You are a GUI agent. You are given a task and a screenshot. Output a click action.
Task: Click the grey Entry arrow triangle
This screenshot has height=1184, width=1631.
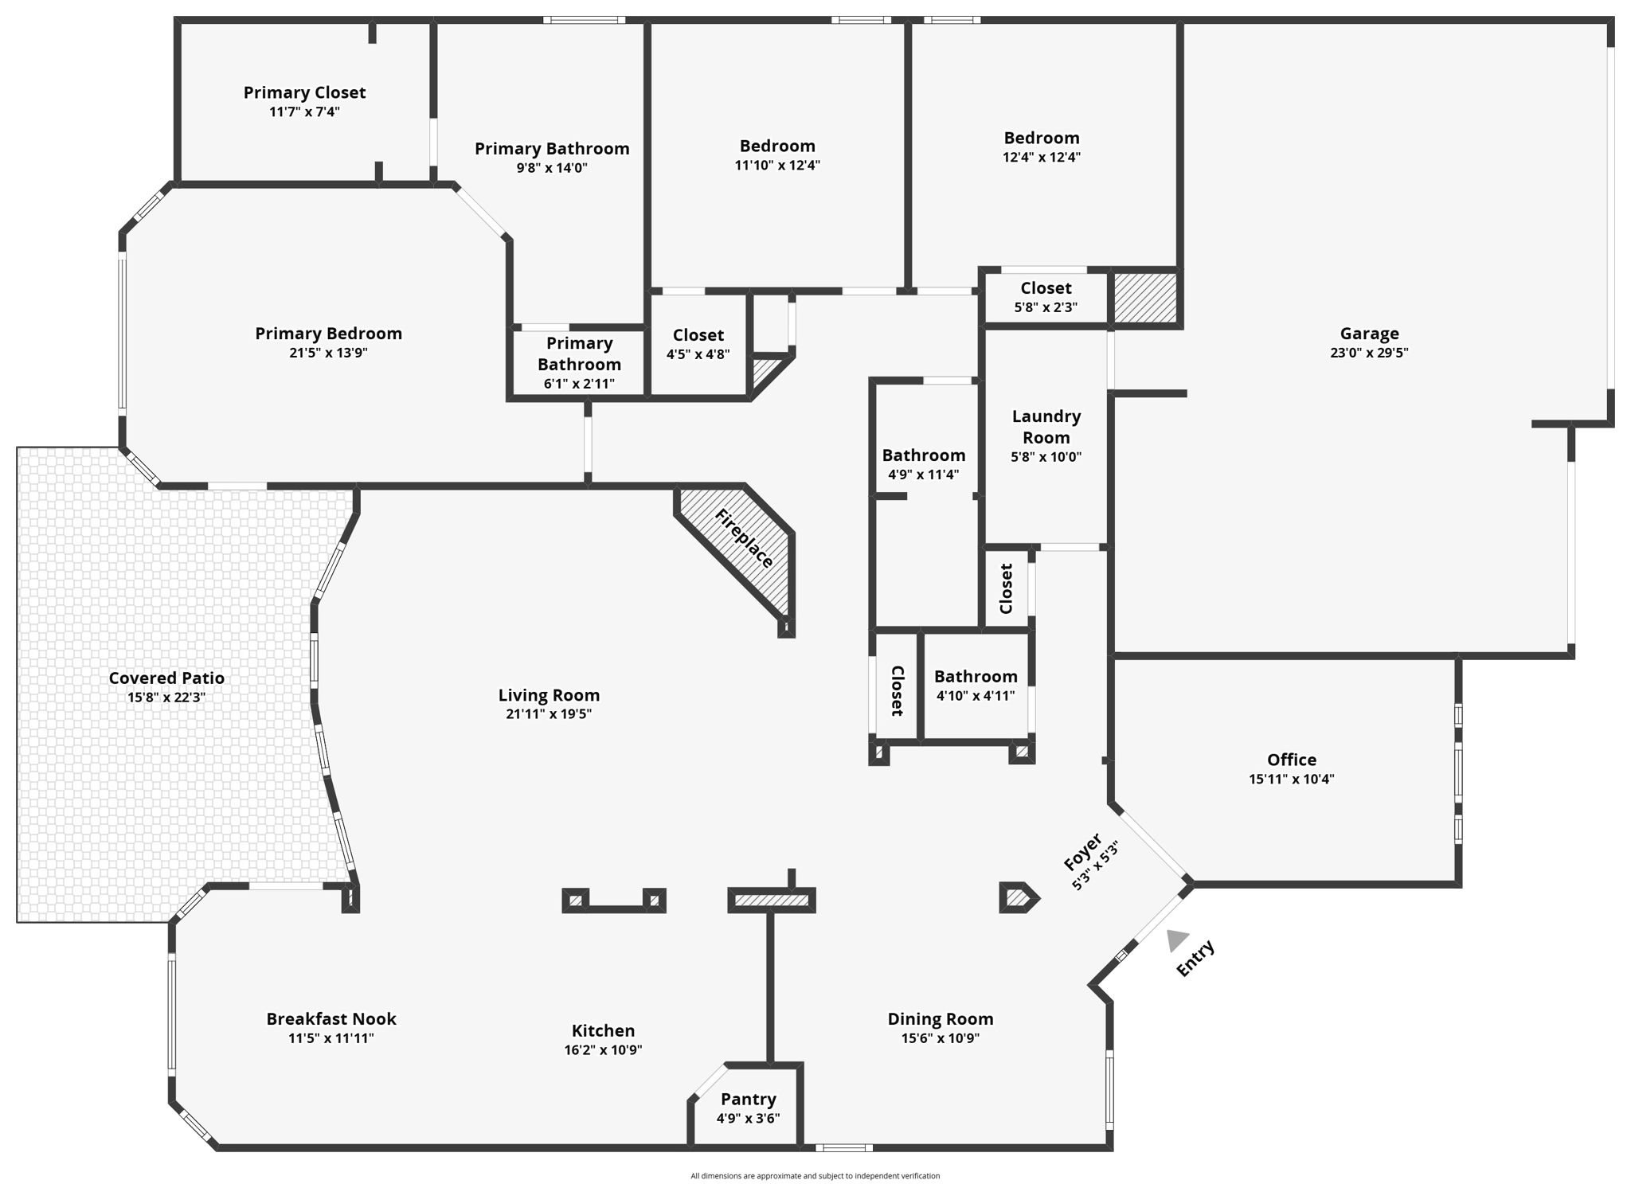tap(1176, 940)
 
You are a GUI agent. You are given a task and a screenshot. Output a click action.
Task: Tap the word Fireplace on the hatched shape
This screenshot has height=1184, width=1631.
tap(744, 538)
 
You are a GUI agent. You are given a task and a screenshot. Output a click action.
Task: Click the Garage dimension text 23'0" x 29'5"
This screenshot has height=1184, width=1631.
tap(1369, 353)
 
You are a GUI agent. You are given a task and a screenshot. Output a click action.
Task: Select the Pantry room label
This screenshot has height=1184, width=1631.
tap(748, 1099)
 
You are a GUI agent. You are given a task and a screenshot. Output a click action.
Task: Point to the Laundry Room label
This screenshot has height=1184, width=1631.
tap(1046, 427)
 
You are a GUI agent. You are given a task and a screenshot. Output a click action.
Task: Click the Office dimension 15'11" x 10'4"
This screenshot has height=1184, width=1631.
tap(1291, 779)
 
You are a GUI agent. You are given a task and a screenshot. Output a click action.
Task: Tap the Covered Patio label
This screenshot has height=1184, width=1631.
tap(166, 678)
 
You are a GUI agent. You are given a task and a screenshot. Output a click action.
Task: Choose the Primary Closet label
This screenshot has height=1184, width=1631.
tap(304, 92)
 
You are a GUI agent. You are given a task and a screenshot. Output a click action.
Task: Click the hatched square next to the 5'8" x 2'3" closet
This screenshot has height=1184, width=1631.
tap(1144, 298)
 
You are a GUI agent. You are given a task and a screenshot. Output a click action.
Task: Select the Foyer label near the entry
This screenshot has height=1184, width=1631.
tap(1083, 851)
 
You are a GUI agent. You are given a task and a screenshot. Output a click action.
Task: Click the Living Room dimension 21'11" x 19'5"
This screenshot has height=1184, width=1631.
tap(549, 713)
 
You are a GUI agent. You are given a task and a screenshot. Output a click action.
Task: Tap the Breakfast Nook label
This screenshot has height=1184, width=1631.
tap(331, 1018)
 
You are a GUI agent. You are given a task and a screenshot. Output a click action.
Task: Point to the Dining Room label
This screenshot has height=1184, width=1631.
tap(940, 1018)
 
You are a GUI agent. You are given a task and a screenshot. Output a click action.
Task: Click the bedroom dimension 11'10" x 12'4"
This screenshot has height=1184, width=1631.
tap(777, 165)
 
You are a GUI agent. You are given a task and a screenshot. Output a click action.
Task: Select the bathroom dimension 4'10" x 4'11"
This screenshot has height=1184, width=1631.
tap(976, 695)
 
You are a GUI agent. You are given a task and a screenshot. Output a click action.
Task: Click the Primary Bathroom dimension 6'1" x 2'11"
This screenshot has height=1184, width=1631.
tap(579, 384)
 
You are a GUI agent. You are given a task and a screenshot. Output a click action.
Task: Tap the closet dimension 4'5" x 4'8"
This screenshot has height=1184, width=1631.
tap(698, 354)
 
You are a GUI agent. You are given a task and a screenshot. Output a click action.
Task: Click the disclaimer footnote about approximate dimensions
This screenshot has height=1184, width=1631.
tap(815, 1175)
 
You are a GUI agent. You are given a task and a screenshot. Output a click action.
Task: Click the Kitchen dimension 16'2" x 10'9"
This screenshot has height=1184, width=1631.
tap(603, 1049)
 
